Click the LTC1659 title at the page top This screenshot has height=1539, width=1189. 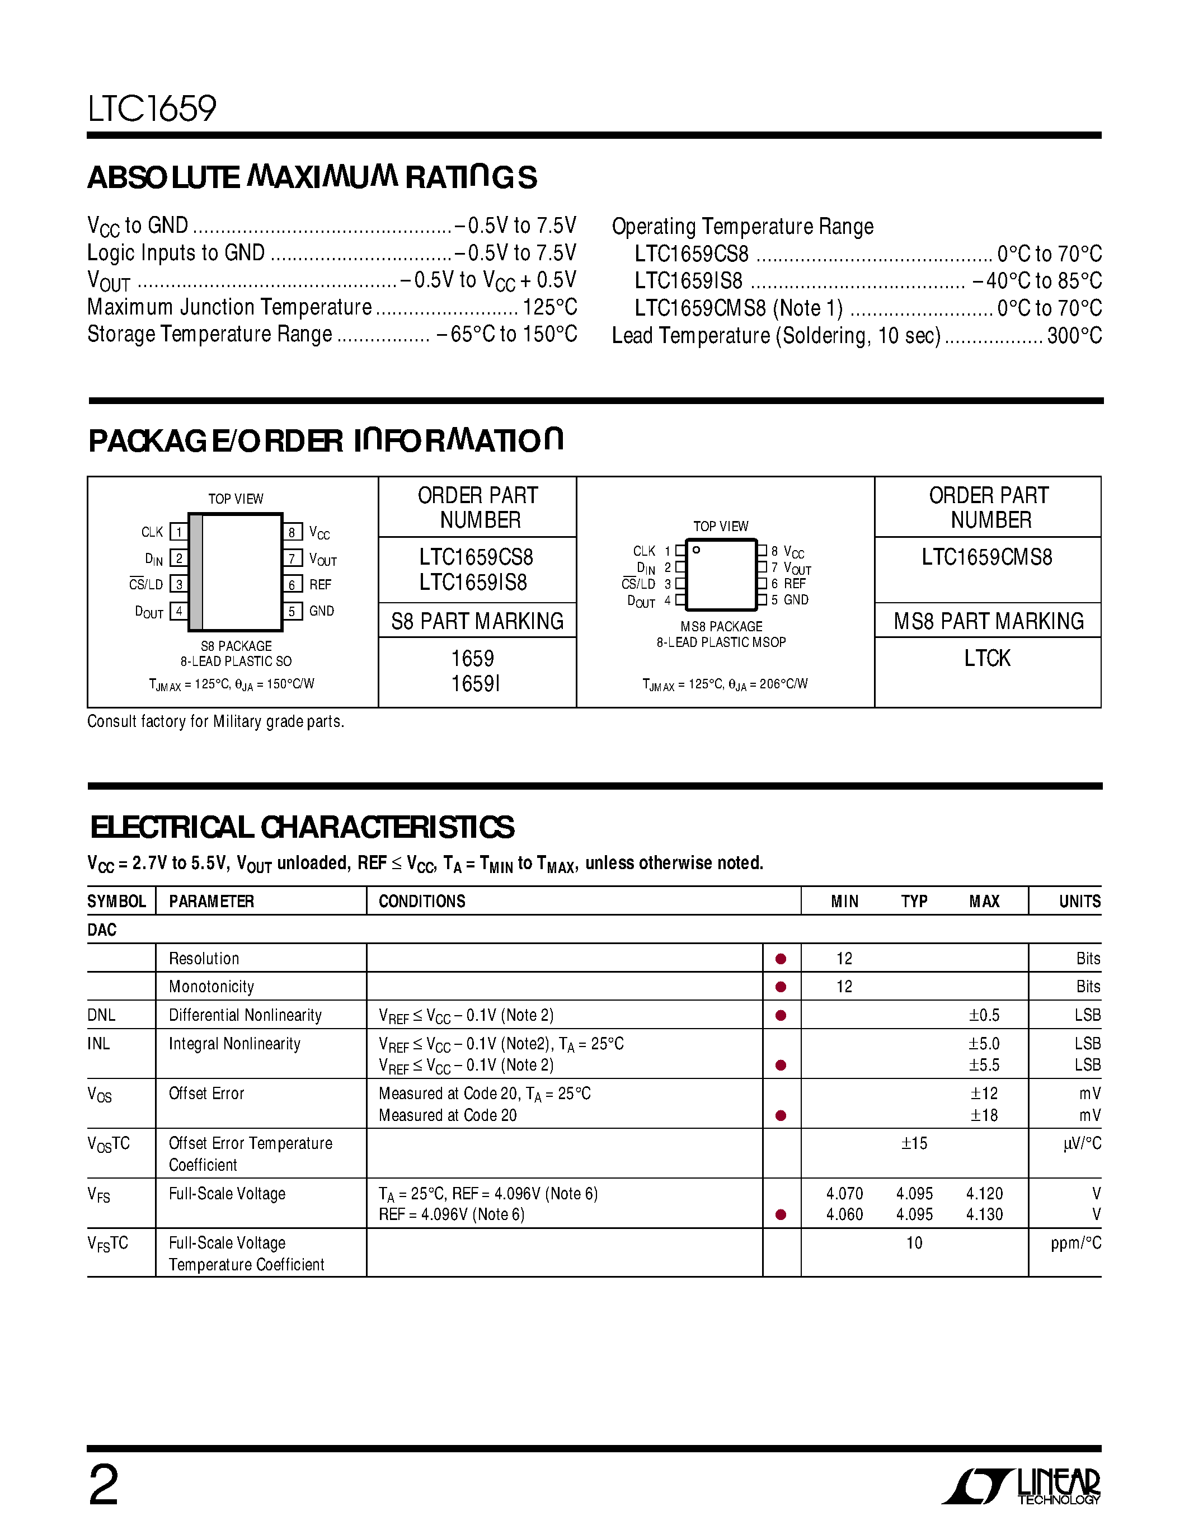click(152, 109)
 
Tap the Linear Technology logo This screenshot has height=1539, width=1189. click(1021, 1487)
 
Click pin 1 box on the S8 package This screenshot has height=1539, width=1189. click(179, 532)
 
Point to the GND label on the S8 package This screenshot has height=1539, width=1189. click(321, 611)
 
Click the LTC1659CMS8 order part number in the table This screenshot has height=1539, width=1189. click(987, 557)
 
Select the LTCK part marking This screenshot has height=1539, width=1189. click(987, 658)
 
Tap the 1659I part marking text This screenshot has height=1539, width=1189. click(476, 683)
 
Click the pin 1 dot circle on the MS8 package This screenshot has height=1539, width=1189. click(696, 550)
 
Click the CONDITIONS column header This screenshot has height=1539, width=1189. click(422, 901)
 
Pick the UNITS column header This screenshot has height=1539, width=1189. click(1079, 901)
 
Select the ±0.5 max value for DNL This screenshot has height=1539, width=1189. click(984, 1015)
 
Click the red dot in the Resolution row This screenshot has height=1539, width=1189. click(781, 959)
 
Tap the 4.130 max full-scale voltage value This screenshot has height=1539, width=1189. click(984, 1215)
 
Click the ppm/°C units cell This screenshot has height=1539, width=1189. click(1075, 1244)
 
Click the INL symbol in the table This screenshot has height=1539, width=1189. click(98, 1044)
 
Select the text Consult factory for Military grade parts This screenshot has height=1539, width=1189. click(215, 721)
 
